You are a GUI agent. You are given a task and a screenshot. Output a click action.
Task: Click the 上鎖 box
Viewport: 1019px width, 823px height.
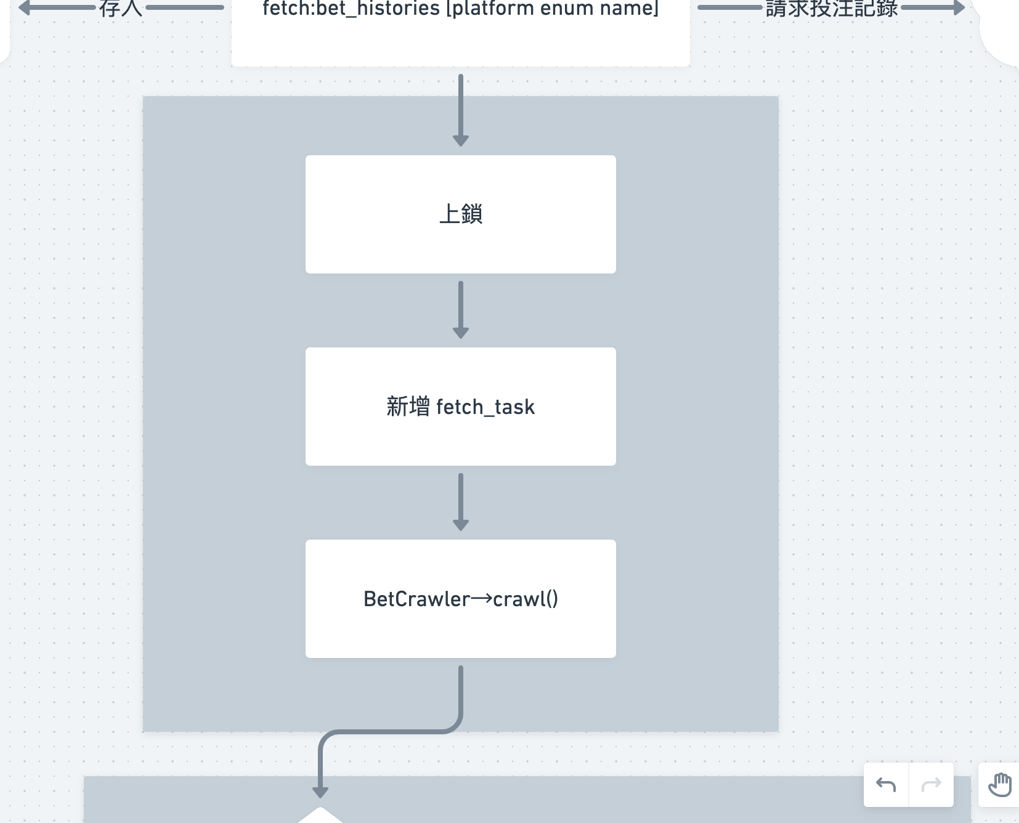tap(460, 214)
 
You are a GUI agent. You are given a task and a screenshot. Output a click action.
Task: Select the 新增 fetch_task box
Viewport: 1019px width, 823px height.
tap(460, 407)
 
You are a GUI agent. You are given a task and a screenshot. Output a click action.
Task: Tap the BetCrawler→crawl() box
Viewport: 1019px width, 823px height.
tap(460, 599)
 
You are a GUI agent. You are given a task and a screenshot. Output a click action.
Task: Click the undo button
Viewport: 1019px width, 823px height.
tap(886, 784)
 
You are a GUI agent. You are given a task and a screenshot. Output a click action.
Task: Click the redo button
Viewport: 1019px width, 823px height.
tap(931, 784)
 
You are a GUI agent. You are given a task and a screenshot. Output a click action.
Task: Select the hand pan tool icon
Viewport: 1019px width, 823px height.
tap(999, 784)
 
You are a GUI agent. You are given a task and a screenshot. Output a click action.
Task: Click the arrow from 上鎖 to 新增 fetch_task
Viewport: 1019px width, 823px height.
tap(460, 308)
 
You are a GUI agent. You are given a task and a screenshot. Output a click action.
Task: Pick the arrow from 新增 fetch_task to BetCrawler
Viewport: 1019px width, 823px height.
tap(460, 500)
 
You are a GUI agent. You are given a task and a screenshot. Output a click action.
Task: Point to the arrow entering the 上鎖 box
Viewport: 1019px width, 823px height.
tap(460, 111)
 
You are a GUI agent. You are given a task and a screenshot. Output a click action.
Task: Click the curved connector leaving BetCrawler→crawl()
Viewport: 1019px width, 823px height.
tap(394, 731)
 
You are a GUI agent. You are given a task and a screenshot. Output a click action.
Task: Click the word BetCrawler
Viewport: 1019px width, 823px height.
tap(416, 599)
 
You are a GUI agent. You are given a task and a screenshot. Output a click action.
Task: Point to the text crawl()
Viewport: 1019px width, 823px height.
tap(526, 599)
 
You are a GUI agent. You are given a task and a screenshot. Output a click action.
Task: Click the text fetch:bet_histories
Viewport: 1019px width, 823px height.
tap(351, 9)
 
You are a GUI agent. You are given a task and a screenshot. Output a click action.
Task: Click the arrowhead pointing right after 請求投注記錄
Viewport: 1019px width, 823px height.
tap(957, 8)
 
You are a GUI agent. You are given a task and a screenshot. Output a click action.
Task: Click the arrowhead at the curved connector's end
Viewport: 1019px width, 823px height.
tap(320, 791)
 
